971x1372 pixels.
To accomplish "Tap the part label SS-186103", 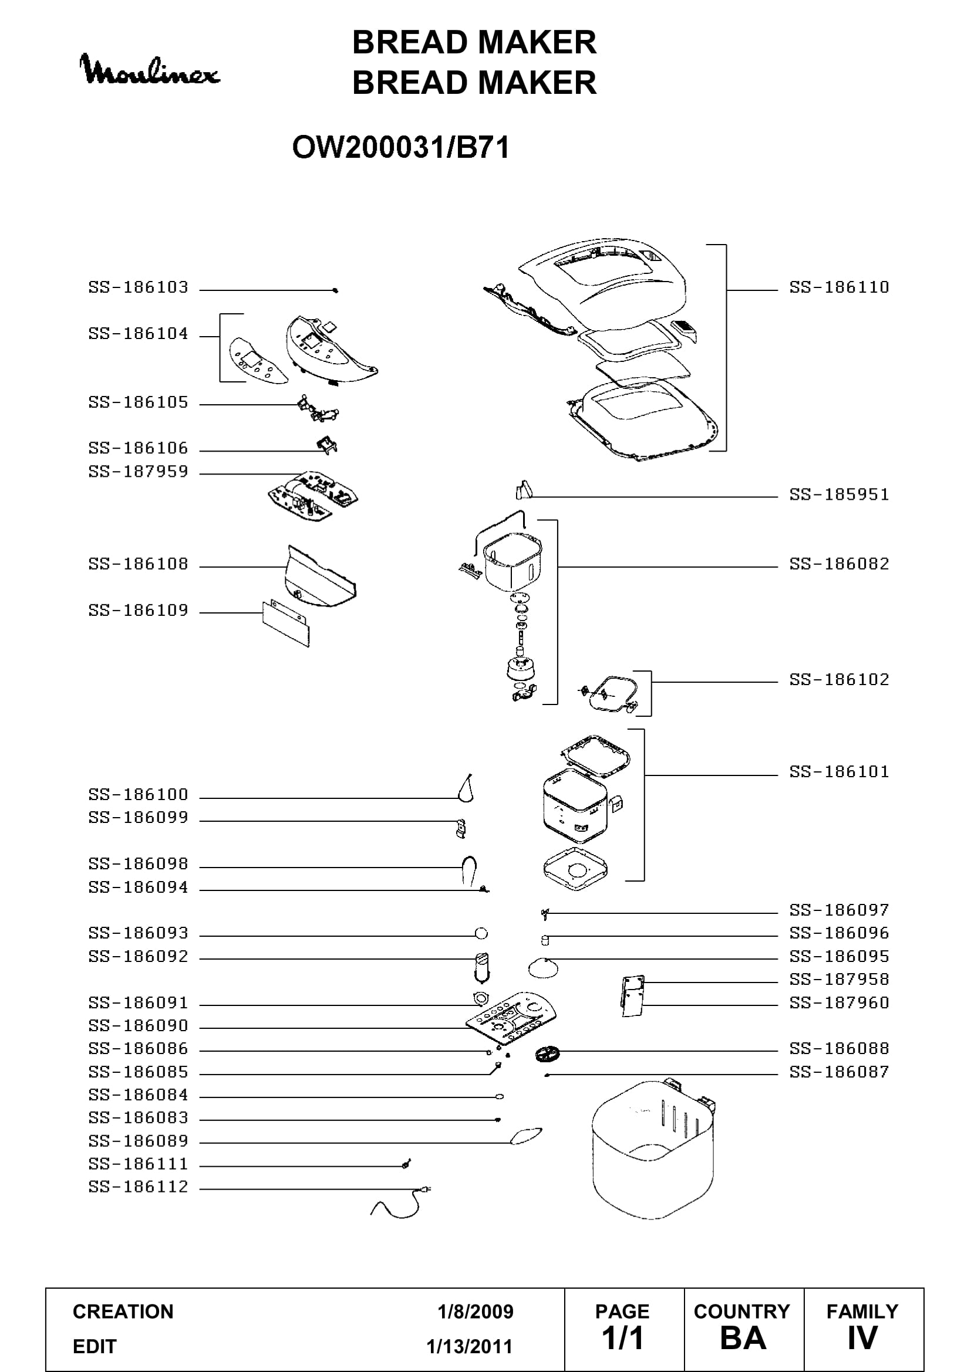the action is coord(138,287).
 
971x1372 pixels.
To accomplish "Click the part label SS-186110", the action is coord(839,287).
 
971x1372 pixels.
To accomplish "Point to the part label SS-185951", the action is coord(839,495).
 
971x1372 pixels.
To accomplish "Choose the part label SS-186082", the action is coord(839,564).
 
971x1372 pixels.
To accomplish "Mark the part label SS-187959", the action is coord(138,472).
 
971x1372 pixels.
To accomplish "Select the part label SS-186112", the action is coord(138,1187).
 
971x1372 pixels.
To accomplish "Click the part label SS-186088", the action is coord(839,1049).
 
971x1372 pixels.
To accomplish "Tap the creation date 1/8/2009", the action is coord(476,1312).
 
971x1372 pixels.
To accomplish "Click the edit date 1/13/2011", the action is coord(470,1346).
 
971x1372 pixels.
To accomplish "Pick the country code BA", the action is coord(743,1339).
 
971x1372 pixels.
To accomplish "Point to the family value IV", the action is coord(862,1339).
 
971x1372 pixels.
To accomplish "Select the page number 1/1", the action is coord(622,1339).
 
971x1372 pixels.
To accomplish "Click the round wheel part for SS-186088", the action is coord(548,1054).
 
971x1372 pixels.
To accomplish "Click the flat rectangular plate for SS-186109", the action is coord(286,625).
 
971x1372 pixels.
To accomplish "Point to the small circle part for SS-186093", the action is coord(481,933).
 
